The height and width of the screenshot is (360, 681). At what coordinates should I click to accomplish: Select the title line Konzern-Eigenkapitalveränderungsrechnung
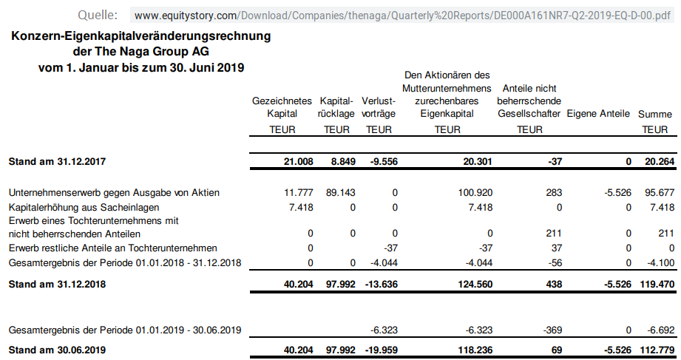click(x=141, y=36)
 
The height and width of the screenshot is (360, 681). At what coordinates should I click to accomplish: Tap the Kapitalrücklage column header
click(x=336, y=107)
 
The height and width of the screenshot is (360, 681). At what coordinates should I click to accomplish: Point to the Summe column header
click(x=655, y=114)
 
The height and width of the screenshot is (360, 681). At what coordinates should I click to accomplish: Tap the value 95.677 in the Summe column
click(x=657, y=192)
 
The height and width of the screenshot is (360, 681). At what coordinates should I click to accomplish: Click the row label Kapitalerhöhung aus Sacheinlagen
click(x=84, y=207)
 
